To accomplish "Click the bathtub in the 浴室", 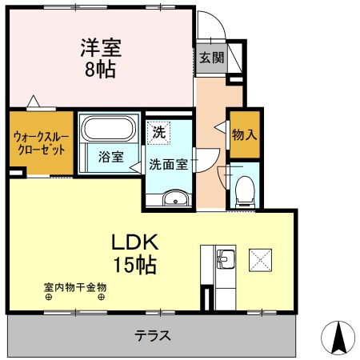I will [x=110, y=131].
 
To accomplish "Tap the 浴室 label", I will [x=110, y=158].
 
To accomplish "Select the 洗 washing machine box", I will [x=158, y=133].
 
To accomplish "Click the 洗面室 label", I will [x=168, y=165].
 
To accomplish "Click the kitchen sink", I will [x=224, y=259].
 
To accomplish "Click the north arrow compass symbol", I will [x=338, y=335].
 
